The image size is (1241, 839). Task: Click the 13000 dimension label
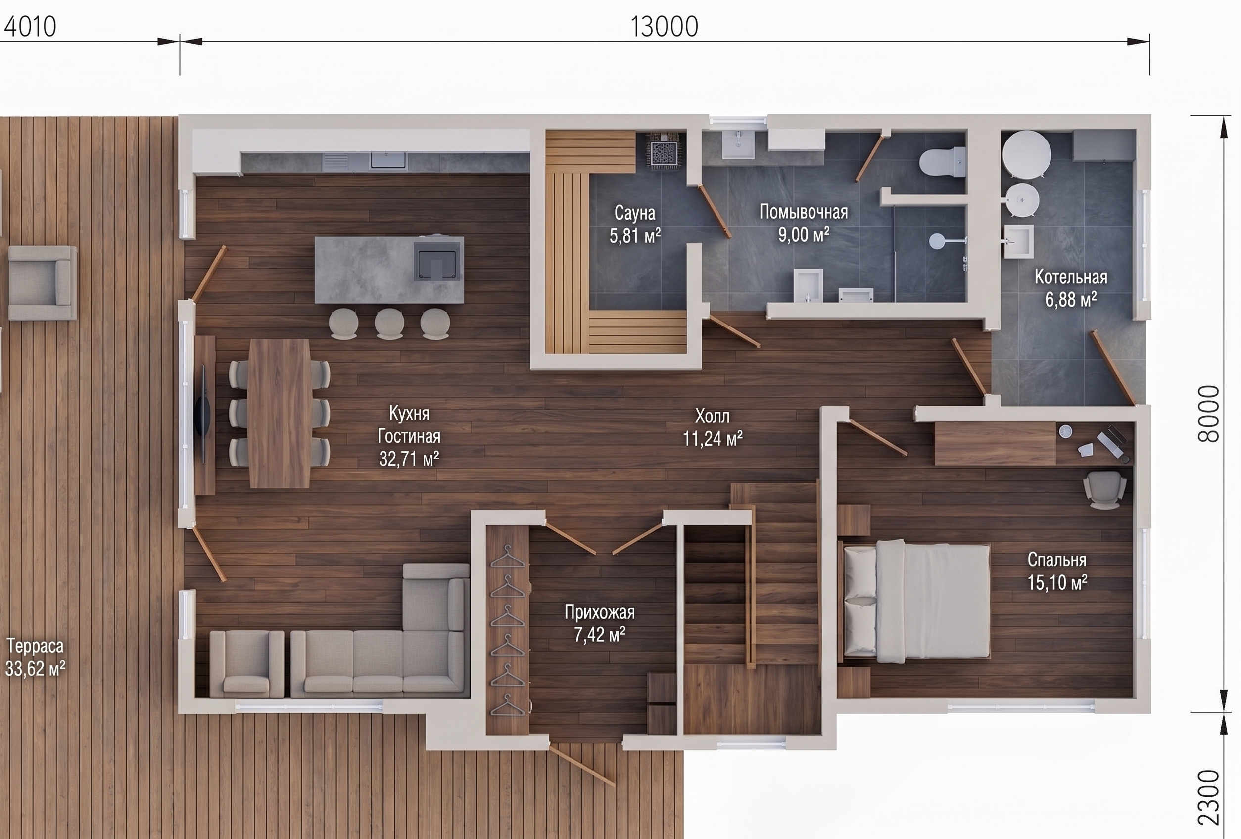[x=664, y=27]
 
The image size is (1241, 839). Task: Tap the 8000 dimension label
[x=1209, y=414]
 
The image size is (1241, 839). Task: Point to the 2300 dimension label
[x=1209, y=805]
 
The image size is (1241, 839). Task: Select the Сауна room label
[x=635, y=213]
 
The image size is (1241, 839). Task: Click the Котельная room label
[x=1071, y=277]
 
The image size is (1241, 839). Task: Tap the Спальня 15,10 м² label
[x=1057, y=571]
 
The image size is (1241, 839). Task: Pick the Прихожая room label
[x=600, y=612]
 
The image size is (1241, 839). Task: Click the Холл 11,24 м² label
[x=713, y=427]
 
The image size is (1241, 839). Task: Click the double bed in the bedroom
[x=916, y=601]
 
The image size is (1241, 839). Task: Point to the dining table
[x=279, y=413]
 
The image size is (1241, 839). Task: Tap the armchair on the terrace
[x=42, y=283]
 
